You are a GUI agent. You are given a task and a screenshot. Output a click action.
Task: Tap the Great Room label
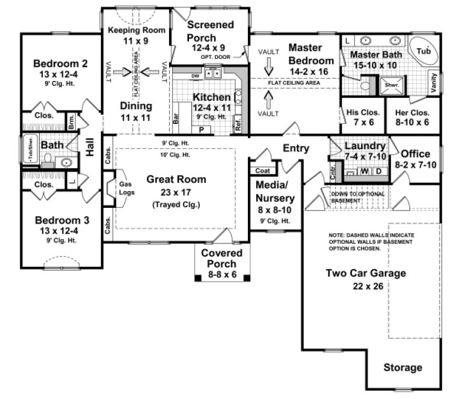(176, 179)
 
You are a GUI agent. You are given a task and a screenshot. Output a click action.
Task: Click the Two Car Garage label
(366, 273)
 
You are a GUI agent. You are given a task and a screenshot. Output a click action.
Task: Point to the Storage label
(402, 368)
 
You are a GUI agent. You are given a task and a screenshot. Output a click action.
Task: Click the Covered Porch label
(223, 258)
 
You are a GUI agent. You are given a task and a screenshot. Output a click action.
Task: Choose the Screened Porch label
(210, 31)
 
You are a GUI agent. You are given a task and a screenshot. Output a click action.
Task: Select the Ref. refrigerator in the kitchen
(238, 127)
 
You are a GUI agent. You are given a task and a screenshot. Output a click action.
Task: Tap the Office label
(416, 154)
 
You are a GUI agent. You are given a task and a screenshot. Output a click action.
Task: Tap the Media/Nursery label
(275, 191)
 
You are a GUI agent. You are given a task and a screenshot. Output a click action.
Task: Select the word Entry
(296, 148)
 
